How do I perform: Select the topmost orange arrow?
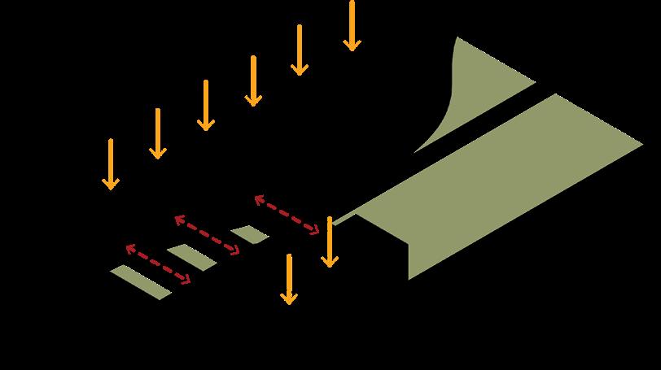tap(352, 26)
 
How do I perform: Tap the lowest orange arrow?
tap(288, 279)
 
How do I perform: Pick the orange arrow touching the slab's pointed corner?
tap(329, 242)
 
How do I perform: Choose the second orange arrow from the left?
tap(157, 134)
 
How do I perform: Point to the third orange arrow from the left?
tap(205, 105)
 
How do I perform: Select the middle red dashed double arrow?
tap(207, 234)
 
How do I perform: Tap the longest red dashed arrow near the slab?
tap(287, 215)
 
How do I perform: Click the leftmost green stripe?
tap(141, 281)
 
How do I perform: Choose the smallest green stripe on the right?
tap(249, 235)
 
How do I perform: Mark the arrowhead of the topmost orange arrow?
tap(352, 44)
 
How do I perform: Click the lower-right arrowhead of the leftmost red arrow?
tap(187, 281)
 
